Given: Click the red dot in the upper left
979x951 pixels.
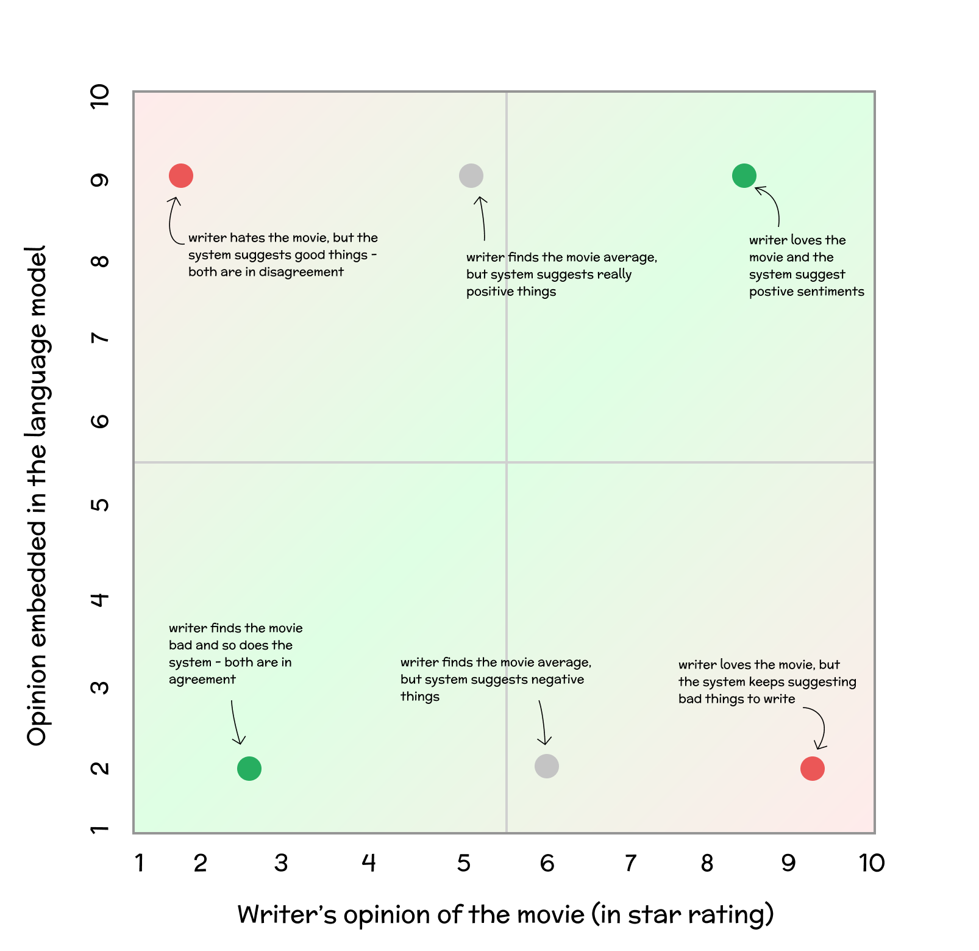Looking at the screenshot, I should click(181, 176).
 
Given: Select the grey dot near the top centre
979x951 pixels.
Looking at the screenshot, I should click(471, 176).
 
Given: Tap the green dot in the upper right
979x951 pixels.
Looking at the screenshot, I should click(744, 176).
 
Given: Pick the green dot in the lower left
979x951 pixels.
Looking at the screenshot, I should click(249, 769).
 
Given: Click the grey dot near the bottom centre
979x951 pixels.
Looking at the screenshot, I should click(547, 766).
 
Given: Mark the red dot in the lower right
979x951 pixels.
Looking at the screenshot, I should click(813, 769).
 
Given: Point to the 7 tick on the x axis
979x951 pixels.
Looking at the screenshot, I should click(630, 863).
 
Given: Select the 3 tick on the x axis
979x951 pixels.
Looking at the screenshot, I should click(281, 863).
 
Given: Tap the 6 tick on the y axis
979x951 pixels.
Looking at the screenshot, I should click(100, 421).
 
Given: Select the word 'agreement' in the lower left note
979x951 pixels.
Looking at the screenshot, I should click(202, 680).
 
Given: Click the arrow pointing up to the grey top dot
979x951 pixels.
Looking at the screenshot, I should click(482, 218).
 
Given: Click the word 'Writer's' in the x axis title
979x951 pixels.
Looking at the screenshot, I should click(287, 914).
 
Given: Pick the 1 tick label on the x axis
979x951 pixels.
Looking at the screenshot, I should click(140, 863).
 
